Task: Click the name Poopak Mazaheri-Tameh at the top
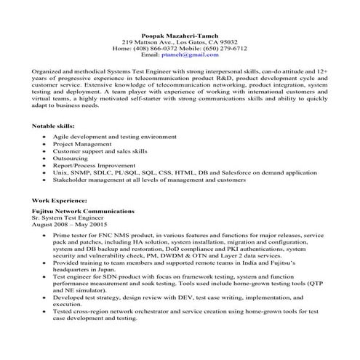180,34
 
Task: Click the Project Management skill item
80,144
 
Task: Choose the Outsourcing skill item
70,158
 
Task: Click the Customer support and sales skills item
100,151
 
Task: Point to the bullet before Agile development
44,137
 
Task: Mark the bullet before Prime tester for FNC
44,236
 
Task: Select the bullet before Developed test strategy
44,297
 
